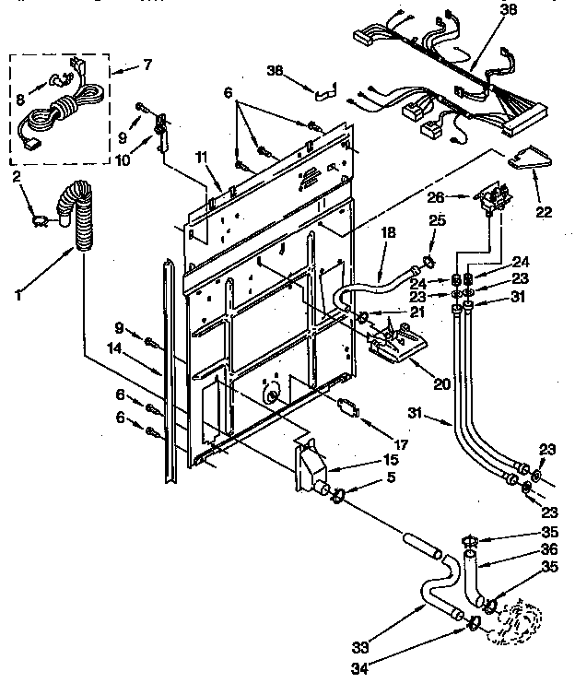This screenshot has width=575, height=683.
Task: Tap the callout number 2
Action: coord(15,175)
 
